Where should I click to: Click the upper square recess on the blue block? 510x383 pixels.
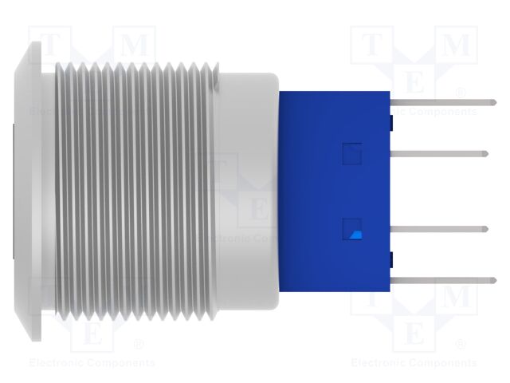point(352,153)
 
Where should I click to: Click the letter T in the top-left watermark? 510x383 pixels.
point(49,45)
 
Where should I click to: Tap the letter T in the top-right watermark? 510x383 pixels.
point(373,45)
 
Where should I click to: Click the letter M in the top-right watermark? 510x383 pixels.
point(456,45)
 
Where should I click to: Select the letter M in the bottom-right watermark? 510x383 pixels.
point(456,297)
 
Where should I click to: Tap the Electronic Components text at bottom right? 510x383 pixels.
point(414,363)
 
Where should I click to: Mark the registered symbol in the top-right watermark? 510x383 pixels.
point(461,93)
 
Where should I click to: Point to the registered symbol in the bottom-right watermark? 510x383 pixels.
point(461,345)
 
